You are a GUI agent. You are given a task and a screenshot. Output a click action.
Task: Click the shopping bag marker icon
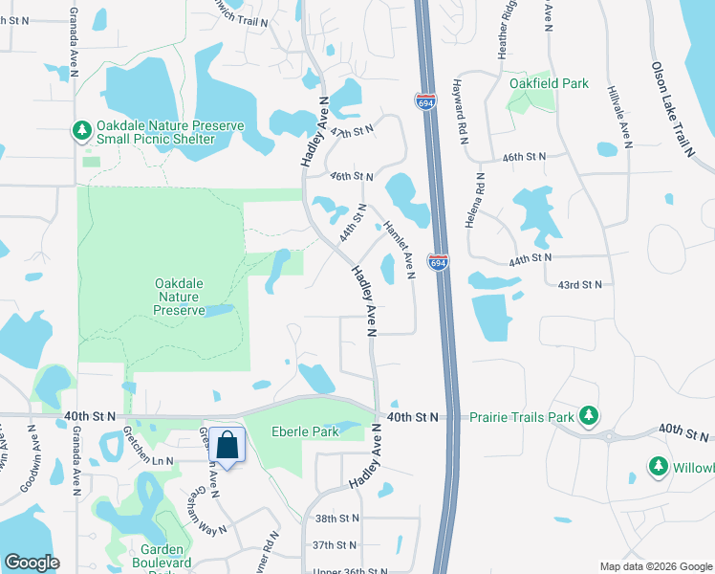228,445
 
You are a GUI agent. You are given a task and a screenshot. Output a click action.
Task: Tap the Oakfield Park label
549,83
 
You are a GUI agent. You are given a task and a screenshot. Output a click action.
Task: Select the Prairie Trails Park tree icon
590,415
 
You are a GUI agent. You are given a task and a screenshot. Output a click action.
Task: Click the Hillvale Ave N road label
618,114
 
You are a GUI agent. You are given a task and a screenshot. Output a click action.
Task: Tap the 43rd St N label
580,285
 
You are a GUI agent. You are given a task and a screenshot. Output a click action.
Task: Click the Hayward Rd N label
463,119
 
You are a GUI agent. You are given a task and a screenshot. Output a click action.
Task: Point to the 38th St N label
336,518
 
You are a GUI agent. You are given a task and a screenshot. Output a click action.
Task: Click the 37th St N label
336,544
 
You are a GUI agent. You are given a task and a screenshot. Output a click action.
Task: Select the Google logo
32,563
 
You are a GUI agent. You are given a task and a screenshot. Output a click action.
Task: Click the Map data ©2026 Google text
656,565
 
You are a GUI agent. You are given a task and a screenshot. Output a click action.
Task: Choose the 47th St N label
350,131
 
